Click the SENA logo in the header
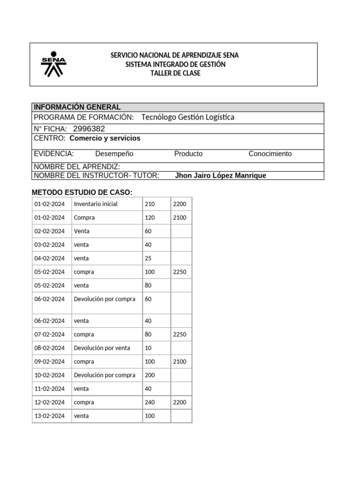[x=53, y=64]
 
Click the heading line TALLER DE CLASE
[x=175, y=73]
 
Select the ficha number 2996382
[x=89, y=129]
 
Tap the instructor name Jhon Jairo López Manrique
[x=220, y=176]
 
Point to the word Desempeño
[x=114, y=154]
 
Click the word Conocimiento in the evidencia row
[x=270, y=154]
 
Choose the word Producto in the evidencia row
[x=188, y=154]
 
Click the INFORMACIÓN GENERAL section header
[x=77, y=107]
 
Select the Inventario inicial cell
[x=96, y=204]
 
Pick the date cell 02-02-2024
[x=49, y=231]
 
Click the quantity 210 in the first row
[x=150, y=204]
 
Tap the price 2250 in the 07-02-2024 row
[x=180, y=335]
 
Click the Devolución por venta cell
[x=102, y=348]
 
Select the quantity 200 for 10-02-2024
[x=150, y=375]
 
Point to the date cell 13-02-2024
[x=49, y=416]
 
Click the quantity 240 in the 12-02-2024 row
[x=150, y=402]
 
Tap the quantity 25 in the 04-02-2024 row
[x=148, y=258]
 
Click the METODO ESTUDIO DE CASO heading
[x=82, y=192]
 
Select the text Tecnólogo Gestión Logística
[x=187, y=117]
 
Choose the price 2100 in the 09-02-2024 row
[x=180, y=361]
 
